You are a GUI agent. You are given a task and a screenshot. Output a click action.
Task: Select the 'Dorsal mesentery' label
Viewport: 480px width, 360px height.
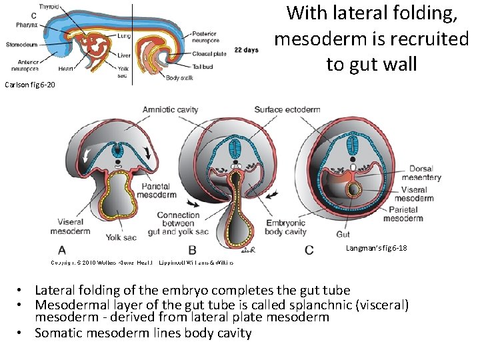pos(425,173)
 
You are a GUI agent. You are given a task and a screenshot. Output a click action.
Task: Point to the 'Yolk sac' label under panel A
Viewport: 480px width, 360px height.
pos(122,237)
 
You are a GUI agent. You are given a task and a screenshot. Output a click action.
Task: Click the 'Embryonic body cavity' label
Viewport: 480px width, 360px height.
pos(285,227)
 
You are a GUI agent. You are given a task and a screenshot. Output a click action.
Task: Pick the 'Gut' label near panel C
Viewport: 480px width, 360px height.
pos(343,234)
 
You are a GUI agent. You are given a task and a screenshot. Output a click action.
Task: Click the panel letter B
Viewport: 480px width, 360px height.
pos(193,250)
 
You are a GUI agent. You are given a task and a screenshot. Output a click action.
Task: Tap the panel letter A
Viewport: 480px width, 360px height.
pos(63,250)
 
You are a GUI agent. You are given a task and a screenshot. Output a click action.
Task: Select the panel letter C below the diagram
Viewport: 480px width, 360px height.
pos(309,250)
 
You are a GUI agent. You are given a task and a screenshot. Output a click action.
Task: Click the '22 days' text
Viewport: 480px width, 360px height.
pos(247,50)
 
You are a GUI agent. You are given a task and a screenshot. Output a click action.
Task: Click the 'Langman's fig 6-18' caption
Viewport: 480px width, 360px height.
pos(376,248)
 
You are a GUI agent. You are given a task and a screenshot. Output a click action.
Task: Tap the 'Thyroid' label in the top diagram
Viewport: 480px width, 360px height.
pos(48,6)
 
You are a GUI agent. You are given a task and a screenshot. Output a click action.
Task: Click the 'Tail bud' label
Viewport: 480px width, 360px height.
pos(202,66)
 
